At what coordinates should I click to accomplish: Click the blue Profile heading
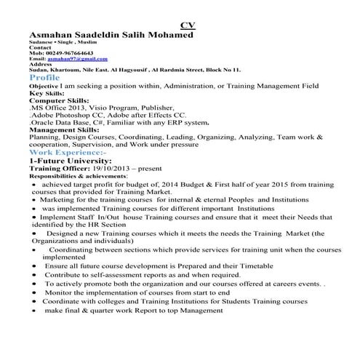pos(45,77)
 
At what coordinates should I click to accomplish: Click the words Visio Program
pos(105,108)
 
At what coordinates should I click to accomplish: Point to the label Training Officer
pos(57,168)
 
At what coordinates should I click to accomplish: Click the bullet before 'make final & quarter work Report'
pos(36,311)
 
